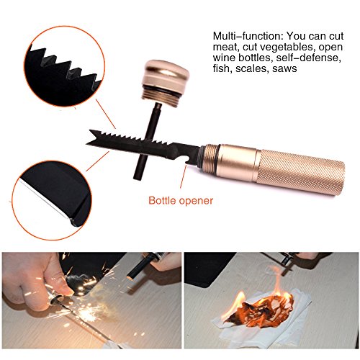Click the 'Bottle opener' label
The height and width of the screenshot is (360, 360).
pyautogui.click(x=181, y=200)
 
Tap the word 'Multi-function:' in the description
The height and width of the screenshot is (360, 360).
pyautogui.click(x=247, y=36)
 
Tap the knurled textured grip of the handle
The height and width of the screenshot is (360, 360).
pyautogui.click(x=301, y=171)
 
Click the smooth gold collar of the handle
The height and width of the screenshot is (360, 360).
pyautogui.click(x=239, y=162)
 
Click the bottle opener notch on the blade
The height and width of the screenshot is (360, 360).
pyautogui.click(x=188, y=163)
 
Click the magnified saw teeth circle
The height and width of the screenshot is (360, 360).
pyautogui.click(x=64, y=66)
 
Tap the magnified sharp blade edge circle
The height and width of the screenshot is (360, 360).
pyautogui.click(x=52, y=200)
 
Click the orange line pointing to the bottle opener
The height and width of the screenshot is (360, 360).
pyautogui.click(x=183, y=176)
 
